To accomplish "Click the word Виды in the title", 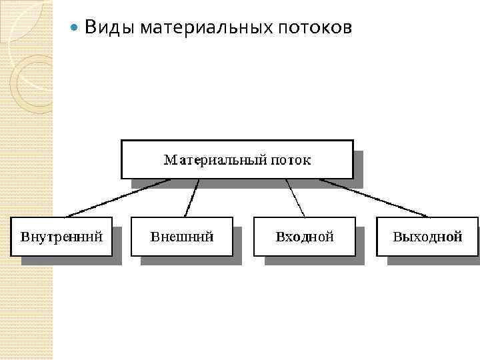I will pos(103,28).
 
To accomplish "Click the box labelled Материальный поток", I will pos(237,159).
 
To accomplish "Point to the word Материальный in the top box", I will pos(213,160).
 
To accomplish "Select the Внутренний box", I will pos(61,236).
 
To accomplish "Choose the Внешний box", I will pos(182,236).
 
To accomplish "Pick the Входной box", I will pos(304,236).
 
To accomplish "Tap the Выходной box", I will pos(427,236).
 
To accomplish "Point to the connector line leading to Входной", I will pos(295,198).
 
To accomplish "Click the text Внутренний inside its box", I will pos(61,236).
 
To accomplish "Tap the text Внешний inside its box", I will pos(182,236).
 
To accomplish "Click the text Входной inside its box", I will pos(304,236).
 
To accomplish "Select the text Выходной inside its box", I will pos(427,236).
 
